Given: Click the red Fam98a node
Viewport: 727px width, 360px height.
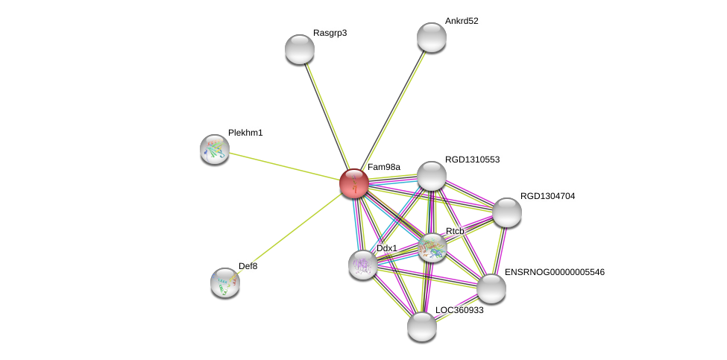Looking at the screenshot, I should point(353,183).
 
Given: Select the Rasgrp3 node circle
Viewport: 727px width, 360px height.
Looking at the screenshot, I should point(300,49).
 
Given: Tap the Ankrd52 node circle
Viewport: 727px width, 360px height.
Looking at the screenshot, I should point(431,37).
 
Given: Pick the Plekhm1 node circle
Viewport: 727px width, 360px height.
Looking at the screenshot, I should point(215,149).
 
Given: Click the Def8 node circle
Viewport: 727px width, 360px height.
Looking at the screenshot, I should point(225,282).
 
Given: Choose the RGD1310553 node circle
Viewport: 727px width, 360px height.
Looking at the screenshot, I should point(431,176).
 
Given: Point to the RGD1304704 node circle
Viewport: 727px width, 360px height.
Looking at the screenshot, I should point(506,212).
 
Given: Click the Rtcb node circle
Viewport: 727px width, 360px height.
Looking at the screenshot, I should point(432,247).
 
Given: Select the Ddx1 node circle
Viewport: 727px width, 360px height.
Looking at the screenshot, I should point(363,265).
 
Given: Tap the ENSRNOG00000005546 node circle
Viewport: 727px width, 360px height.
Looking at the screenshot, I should point(491,288).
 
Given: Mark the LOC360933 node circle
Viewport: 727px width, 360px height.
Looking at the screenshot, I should point(422,326).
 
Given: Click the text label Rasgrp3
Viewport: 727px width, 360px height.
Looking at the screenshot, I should point(330,33).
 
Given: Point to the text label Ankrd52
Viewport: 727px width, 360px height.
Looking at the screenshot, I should point(462,21).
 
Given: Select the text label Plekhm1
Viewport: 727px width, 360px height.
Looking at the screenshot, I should point(245,133).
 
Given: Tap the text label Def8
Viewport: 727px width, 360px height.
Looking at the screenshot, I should point(248,266).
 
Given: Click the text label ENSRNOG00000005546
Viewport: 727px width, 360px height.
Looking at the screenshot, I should point(554,272).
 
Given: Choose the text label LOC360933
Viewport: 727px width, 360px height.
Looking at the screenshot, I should point(459,310).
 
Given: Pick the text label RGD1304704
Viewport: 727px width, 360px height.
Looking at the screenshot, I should point(547,196).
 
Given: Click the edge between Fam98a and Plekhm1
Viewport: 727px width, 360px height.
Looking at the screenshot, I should point(284,166).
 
